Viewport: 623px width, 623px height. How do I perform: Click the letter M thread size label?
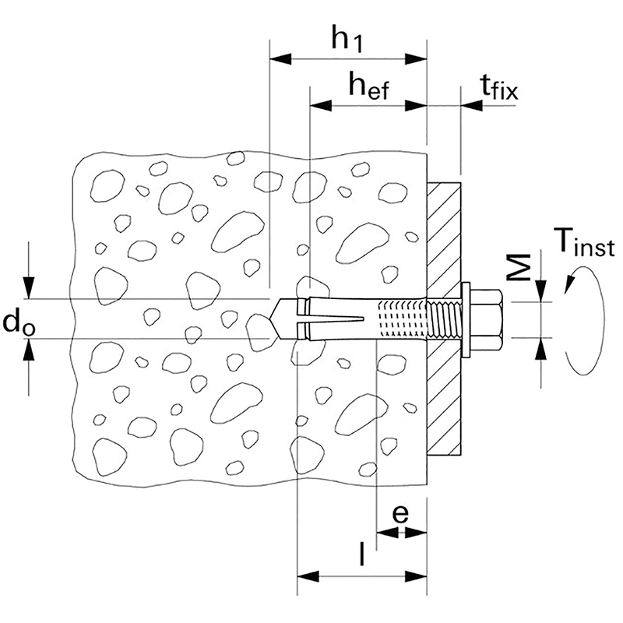(523, 267)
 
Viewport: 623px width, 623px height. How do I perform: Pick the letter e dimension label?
(400, 514)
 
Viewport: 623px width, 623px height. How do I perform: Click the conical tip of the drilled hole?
(277, 319)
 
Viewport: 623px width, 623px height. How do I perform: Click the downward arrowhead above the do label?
(29, 290)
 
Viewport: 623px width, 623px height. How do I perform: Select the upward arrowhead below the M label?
(543, 347)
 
